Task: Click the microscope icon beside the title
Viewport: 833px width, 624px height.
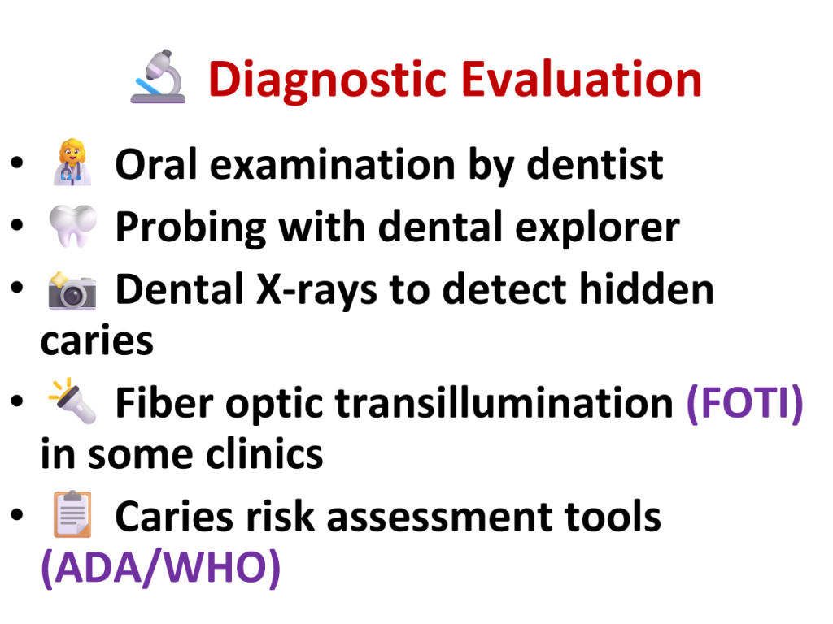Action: point(159,76)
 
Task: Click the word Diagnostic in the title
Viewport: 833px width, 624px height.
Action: point(327,80)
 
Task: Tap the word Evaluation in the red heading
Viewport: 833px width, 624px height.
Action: point(582,79)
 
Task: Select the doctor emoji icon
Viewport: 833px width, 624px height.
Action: point(72,162)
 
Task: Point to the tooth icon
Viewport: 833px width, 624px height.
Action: point(72,226)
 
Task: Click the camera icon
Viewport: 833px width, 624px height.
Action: point(72,291)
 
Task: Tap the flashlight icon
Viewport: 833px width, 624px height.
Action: point(72,401)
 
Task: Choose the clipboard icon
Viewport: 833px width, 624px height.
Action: point(72,514)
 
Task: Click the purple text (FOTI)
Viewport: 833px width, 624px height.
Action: point(745,404)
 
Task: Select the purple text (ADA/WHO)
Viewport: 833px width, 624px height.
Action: point(161,568)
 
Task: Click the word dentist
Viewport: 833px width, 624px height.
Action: point(595,164)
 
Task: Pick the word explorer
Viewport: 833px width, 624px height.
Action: point(598,228)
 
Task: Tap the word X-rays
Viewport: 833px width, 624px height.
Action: point(316,291)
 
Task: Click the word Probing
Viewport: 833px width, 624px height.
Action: point(190,228)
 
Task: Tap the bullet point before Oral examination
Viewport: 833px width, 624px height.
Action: point(17,162)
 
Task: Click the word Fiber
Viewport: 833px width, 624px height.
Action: point(164,403)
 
